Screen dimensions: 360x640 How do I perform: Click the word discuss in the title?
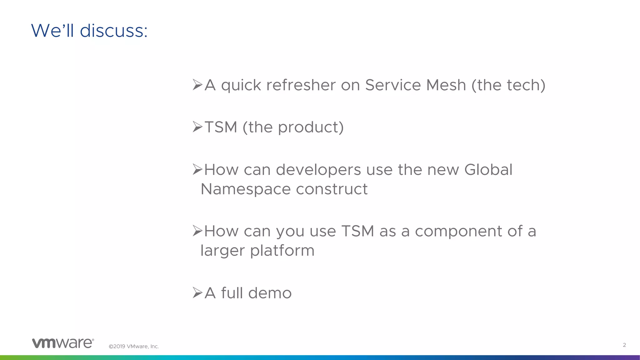[114, 31]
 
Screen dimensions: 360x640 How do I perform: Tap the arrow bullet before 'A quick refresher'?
[197, 85]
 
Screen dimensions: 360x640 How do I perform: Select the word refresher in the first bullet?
[301, 85]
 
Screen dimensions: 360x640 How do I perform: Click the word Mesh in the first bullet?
[446, 85]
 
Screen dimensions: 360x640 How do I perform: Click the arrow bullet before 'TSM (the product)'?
[197, 127]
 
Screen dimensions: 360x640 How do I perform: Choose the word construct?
[332, 189]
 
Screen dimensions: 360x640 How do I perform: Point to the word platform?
[282, 251]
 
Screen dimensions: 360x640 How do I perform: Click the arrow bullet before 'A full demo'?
[197, 293]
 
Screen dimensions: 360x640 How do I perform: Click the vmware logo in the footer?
[63, 343]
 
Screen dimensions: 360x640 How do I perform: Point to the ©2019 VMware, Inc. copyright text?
[134, 346]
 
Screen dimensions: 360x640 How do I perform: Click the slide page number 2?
[624, 345]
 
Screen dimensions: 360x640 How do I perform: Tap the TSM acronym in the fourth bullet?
[357, 231]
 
